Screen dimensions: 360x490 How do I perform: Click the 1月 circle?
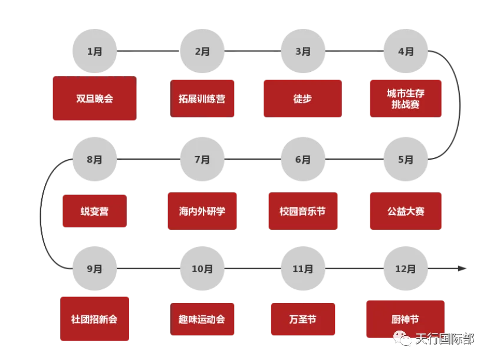tap(94, 51)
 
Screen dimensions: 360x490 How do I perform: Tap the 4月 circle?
tap(406, 51)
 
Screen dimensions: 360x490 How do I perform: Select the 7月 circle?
tap(202, 159)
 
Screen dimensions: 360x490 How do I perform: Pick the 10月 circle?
tap(202, 269)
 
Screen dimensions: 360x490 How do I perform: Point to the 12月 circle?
tap(406, 269)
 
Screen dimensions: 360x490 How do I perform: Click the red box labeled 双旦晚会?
tap(94, 99)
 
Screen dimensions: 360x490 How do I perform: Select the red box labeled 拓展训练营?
tap(202, 99)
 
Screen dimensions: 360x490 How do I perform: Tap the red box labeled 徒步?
tap(302, 99)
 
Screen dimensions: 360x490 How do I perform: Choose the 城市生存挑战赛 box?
tap(406, 99)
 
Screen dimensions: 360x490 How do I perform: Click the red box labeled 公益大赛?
tap(406, 211)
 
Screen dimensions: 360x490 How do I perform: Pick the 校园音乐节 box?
tap(302, 211)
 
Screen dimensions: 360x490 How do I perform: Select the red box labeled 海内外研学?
tap(202, 211)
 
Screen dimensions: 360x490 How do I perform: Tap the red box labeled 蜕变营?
tap(94, 211)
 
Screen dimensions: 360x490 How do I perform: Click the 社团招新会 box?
tap(94, 319)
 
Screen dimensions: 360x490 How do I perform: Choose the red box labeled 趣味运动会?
tap(202, 319)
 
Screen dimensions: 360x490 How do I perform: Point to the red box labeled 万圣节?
tap(302, 319)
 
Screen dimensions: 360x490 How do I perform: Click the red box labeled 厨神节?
tap(406, 319)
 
